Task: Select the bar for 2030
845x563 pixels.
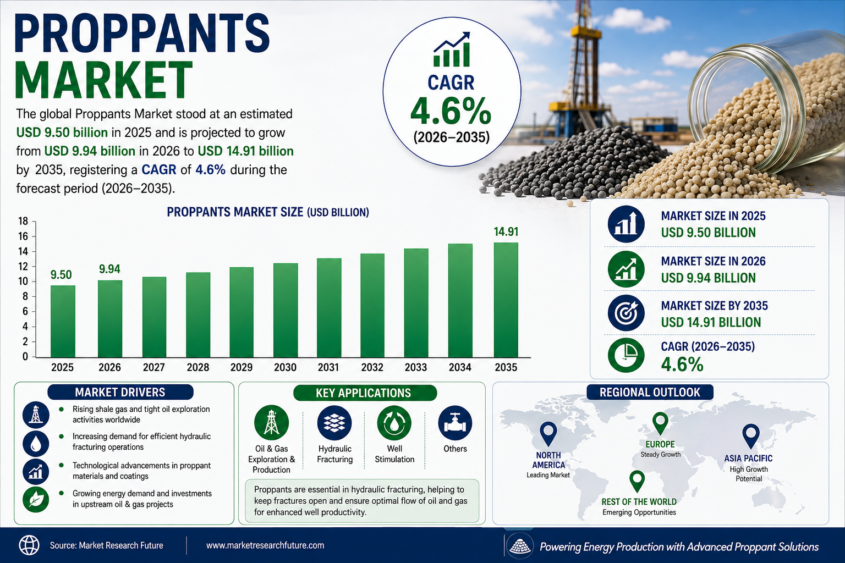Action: coord(286,310)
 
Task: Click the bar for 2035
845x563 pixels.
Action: coord(506,300)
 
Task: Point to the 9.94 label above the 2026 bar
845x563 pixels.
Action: coord(109,269)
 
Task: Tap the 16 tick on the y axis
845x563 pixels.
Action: coord(23,236)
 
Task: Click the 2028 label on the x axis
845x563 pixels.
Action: coord(198,367)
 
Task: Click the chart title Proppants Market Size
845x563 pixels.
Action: coord(268,212)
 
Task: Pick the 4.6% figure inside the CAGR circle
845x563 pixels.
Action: coord(451,111)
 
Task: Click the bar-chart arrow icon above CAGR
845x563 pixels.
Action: coord(452,49)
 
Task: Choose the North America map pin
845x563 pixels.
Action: coord(548,434)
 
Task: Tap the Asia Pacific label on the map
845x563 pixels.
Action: coord(748,458)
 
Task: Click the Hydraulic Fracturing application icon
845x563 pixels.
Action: coord(334,423)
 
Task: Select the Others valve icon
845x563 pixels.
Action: coord(455,423)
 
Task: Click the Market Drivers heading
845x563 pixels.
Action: coord(120,392)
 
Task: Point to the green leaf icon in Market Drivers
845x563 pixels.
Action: coord(36,500)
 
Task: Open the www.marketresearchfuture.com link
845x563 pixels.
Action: coord(265,545)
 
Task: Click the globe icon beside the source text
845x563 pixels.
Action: coord(29,545)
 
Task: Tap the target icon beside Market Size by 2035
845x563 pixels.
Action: coord(626,313)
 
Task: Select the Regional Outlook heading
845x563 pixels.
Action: coord(650,392)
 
